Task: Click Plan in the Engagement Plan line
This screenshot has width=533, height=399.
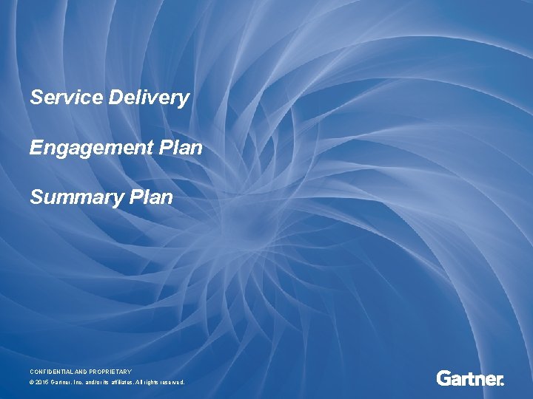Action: click(180, 148)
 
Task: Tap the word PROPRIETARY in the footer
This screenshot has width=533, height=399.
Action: click(110, 371)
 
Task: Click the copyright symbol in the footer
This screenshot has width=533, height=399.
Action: click(32, 382)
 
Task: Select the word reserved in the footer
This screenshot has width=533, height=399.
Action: click(173, 382)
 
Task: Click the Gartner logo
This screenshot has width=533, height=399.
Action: click(470, 378)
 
